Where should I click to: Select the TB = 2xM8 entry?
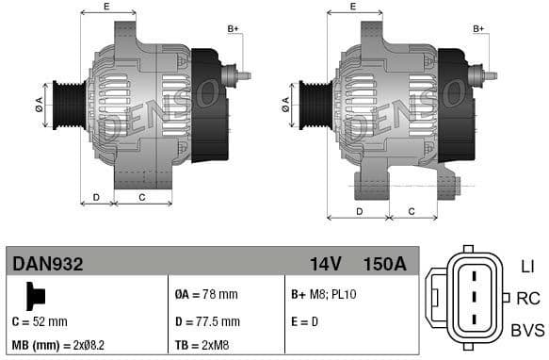click(203, 346)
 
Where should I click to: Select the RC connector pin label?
click(528, 299)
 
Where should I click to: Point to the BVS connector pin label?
click(526, 330)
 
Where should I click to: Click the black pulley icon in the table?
click(35, 296)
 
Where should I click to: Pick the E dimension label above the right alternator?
click(352, 7)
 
